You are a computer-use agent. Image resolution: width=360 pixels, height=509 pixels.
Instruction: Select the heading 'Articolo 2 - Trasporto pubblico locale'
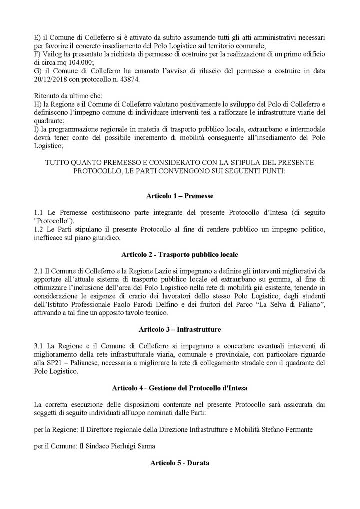click(x=180, y=254)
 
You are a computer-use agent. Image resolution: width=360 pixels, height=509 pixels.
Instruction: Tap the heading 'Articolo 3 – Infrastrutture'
click(x=180, y=329)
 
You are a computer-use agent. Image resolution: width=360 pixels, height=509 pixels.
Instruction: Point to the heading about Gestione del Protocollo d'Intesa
click(x=180, y=388)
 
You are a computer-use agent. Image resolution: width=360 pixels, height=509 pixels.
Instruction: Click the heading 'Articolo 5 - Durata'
click(x=180, y=463)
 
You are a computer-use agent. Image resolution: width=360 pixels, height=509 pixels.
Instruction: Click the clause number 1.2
click(x=39, y=229)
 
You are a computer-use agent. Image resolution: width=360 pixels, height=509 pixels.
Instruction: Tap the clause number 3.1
click(x=39, y=346)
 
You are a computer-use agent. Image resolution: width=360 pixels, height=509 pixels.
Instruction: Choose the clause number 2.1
click(x=39, y=271)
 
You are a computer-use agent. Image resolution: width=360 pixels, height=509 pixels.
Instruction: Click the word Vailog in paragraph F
click(x=52, y=54)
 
